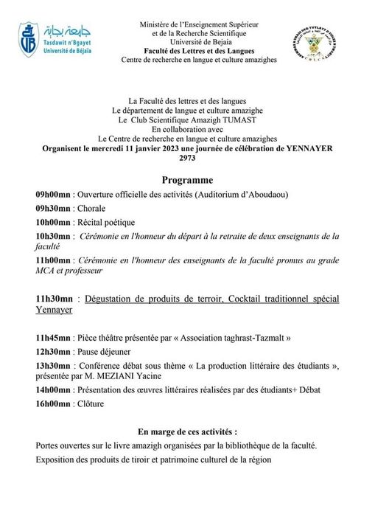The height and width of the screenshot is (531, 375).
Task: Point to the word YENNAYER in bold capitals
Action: coord(304,148)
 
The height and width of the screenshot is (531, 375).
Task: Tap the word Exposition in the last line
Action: coord(55,459)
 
